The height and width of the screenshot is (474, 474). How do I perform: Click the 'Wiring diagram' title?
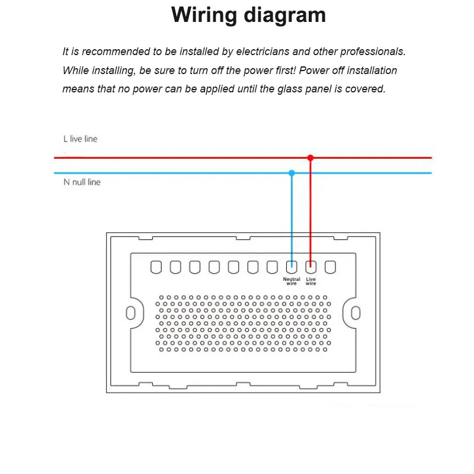point(248,15)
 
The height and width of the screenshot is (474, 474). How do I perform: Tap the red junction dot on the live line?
point(310,158)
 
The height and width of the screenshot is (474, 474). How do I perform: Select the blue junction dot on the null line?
point(292,173)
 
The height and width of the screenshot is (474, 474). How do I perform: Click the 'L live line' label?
point(81,139)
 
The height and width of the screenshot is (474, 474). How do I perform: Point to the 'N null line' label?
point(82,182)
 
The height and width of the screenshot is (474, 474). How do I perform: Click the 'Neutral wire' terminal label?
point(292,281)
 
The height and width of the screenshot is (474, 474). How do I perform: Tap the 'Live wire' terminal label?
point(311,281)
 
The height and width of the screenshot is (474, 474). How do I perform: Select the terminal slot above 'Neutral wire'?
point(292,267)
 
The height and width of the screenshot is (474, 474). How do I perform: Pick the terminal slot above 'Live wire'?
point(311,267)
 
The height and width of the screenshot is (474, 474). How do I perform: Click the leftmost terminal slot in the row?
point(156,267)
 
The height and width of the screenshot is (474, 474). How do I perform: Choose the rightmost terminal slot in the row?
point(330,267)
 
